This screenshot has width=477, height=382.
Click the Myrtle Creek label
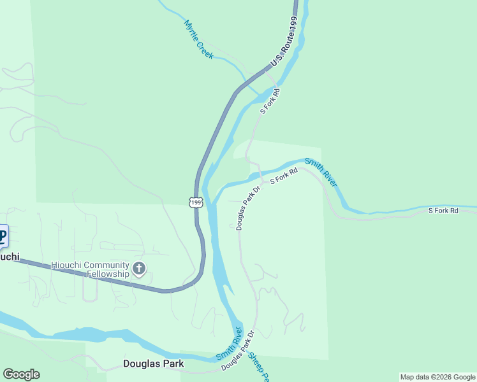tap(198, 39)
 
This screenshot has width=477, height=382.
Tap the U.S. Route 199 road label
tap(284, 43)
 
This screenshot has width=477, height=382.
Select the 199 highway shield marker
tap(196, 202)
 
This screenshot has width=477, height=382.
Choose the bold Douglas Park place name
tap(153, 364)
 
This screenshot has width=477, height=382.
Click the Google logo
tap(21, 374)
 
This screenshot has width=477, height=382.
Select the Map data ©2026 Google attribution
tap(437, 377)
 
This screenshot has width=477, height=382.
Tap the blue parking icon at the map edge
tap(3, 237)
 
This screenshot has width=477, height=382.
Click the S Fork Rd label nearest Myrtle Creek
tap(270, 101)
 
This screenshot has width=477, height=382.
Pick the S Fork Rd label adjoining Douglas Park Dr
tap(284, 176)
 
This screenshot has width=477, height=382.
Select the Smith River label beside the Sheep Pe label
tap(229, 343)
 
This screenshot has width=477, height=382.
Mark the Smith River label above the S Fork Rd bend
tap(320, 172)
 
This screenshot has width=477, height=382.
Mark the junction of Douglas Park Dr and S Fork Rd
tap(263, 182)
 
